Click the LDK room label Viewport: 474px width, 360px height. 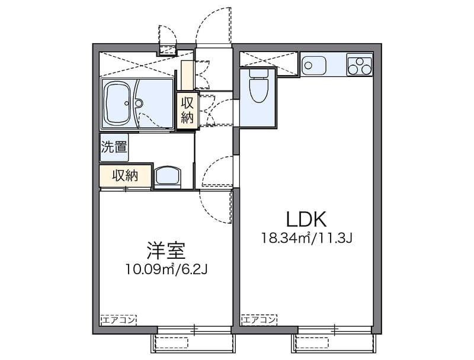(306, 219)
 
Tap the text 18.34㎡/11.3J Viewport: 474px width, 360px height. (307, 239)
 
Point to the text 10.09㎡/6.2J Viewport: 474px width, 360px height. (166, 269)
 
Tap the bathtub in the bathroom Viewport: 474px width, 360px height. (119, 103)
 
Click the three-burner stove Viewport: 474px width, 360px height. (359, 65)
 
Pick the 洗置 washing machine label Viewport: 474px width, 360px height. (113, 147)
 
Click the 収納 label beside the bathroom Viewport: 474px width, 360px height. (187, 110)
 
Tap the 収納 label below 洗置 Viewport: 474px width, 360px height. (125, 175)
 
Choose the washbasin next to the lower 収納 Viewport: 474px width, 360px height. (168, 177)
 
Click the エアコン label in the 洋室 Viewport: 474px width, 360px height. (118, 320)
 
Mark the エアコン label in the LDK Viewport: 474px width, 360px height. (259, 320)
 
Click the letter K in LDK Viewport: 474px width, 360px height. (318, 219)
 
